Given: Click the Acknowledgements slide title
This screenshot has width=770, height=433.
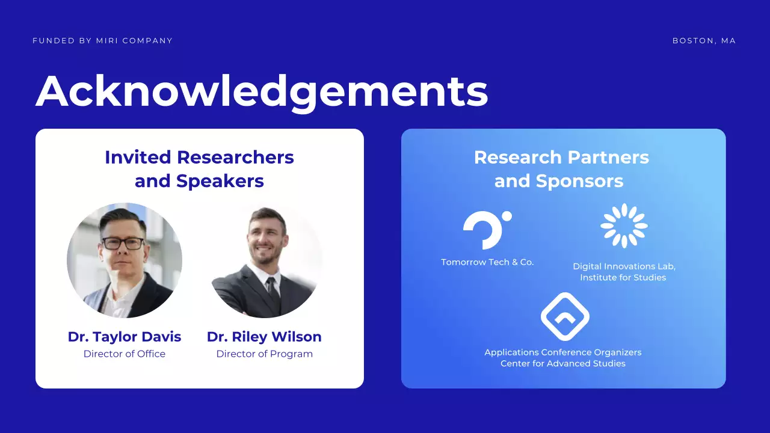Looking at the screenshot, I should (262, 91).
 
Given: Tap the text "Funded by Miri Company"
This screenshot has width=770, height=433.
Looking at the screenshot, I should (102, 41).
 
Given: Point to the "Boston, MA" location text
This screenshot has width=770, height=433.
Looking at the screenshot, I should (704, 41).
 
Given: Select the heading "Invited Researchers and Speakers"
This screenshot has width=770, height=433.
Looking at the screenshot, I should (199, 169).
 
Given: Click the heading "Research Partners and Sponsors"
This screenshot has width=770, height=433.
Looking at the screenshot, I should (561, 169).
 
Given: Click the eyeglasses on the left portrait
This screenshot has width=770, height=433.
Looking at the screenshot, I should (123, 244).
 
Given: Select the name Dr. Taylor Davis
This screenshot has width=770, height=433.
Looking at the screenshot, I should (125, 337).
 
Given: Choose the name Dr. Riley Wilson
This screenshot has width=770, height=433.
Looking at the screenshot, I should (264, 337).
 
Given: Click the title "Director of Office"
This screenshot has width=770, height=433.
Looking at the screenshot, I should (125, 354).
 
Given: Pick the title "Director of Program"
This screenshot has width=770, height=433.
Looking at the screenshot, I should (264, 354).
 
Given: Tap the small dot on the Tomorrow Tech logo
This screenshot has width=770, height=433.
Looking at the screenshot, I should (507, 216).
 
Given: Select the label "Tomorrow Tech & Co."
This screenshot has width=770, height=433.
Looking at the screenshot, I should (487, 262).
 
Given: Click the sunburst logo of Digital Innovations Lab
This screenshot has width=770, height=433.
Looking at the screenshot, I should (624, 226).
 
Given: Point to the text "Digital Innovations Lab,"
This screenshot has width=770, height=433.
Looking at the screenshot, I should (624, 266).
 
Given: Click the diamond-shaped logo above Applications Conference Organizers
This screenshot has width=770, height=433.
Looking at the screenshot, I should (564, 316).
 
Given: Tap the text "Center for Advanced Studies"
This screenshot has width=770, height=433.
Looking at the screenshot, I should (563, 364).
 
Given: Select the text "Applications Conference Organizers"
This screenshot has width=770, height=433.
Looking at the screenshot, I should (563, 352).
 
